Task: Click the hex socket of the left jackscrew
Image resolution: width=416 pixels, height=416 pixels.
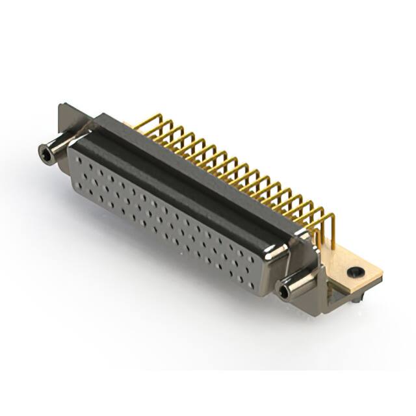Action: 45,153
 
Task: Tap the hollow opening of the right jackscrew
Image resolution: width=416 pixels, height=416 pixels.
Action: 284,292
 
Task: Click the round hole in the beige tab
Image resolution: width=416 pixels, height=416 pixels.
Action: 354,272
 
